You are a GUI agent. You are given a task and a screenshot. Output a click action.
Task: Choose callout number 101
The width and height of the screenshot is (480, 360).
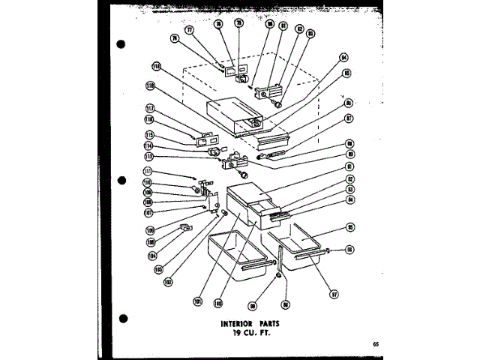click(198, 301)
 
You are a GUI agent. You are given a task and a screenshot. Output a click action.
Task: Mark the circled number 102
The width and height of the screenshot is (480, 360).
click(168, 282)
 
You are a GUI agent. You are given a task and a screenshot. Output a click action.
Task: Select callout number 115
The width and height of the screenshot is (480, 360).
click(150, 135)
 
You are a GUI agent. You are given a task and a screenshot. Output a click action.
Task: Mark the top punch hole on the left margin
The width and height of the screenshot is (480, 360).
click(121, 45)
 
